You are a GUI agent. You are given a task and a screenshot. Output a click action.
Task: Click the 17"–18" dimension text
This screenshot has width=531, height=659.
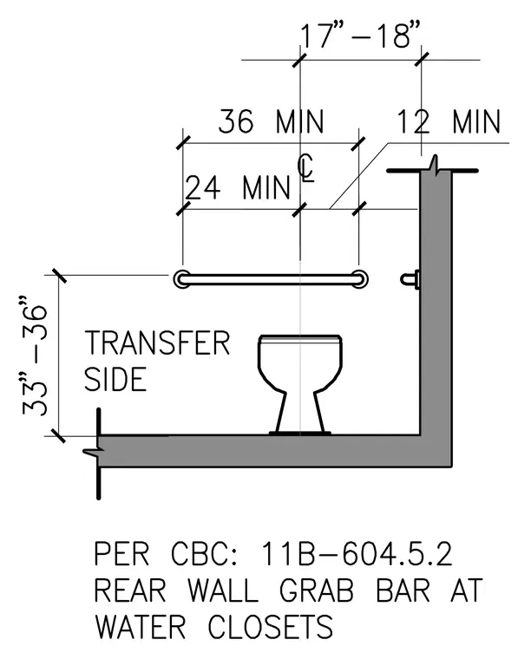(x=360, y=36)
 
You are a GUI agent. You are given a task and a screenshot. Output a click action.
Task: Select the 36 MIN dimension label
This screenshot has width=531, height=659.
(x=272, y=121)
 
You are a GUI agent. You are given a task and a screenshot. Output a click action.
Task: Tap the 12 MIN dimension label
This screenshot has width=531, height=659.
(x=449, y=121)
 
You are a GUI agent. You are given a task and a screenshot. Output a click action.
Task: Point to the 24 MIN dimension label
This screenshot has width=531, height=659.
(x=238, y=187)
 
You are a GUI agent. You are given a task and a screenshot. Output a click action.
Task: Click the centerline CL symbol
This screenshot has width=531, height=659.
(x=306, y=167)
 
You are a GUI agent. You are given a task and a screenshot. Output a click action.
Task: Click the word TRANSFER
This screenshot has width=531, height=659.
(x=157, y=343)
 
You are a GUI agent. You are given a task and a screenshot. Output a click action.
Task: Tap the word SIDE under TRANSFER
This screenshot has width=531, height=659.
(x=115, y=379)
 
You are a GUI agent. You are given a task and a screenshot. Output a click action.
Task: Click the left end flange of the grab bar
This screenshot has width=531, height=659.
(x=182, y=279)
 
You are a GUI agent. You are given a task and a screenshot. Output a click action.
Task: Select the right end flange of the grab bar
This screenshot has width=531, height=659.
(x=359, y=279)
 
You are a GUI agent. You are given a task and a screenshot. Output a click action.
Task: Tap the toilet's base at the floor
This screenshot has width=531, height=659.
(x=299, y=432)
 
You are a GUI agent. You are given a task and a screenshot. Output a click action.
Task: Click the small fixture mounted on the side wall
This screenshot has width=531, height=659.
(x=410, y=279)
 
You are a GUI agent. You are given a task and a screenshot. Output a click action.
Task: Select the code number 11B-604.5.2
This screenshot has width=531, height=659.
(x=356, y=554)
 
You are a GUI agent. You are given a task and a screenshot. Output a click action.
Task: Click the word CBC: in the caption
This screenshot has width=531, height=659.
(x=205, y=554)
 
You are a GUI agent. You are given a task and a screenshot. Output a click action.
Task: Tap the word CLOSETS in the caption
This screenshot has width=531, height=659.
(x=271, y=626)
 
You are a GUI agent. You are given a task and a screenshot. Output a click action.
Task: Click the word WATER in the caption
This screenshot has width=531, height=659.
(x=140, y=626)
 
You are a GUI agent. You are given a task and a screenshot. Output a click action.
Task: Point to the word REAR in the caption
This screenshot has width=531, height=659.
(x=130, y=590)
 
